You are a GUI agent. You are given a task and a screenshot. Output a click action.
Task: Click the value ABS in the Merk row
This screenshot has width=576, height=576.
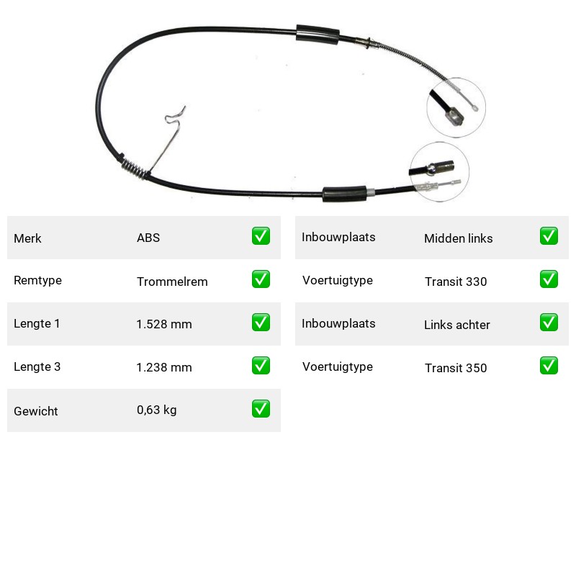148,238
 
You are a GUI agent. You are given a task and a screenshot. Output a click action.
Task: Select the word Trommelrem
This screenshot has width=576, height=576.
172,282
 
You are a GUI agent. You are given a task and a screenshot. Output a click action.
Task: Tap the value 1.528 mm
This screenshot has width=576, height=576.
164,324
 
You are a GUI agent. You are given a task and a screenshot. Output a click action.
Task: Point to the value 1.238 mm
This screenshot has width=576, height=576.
164,367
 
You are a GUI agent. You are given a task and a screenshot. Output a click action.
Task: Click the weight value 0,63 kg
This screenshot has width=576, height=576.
156,410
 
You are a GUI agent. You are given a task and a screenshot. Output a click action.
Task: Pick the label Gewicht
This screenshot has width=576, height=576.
35,411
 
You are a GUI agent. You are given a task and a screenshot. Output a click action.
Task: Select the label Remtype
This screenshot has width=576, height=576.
37,281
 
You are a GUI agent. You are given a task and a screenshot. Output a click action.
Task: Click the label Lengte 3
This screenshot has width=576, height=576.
37,366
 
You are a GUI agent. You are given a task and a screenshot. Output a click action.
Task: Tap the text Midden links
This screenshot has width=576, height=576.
458,238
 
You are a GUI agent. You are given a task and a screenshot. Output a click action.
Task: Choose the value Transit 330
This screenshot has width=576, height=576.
456,282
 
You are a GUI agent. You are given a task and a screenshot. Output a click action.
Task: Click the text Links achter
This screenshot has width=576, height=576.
457,325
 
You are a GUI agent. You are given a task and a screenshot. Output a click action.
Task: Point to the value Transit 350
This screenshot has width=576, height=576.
456,368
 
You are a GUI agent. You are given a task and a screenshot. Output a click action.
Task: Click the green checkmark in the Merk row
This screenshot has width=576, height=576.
261,236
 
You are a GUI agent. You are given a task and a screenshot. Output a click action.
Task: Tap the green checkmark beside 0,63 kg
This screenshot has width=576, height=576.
261,409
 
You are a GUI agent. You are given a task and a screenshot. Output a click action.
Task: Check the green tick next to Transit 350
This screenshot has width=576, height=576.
549,366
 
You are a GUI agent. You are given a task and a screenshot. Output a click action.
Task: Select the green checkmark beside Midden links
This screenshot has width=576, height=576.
549,236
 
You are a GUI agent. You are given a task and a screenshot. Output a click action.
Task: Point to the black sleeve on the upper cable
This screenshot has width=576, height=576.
318,35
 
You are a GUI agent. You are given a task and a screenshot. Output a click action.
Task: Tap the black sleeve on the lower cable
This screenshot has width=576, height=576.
345,194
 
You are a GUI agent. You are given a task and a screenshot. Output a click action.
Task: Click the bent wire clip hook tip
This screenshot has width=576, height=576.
184,107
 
